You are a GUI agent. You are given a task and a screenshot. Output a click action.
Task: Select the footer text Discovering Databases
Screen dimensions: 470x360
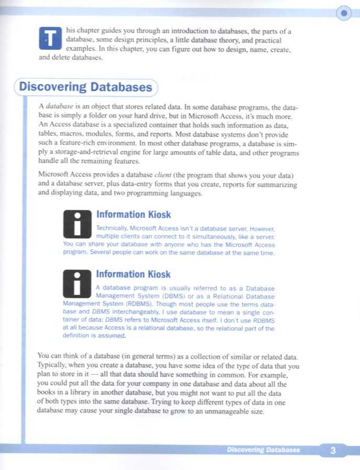click(264, 450)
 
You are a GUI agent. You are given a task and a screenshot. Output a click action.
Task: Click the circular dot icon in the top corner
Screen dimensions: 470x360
click(343, 13)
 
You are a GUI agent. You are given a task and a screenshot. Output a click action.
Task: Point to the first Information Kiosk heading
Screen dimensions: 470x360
click(133, 215)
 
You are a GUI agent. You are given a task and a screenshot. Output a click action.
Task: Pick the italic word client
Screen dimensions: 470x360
click(167, 176)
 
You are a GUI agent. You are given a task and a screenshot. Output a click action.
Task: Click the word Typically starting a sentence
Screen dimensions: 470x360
click(54, 366)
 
